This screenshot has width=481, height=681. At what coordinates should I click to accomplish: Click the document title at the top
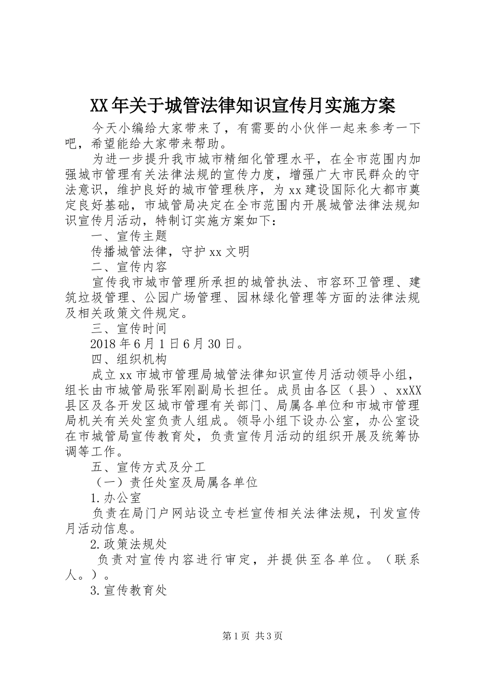(x=242, y=106)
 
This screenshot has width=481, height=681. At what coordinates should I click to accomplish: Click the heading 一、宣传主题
(x=129, y=236)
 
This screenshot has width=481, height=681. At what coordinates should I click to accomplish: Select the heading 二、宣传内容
(x=129, y=266)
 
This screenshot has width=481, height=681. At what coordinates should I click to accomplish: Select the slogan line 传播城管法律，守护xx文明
(x=170, y=251)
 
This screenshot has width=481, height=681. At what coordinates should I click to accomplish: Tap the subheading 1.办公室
(x=115, y=497)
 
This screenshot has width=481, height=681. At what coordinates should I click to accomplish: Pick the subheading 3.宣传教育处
(x=129, y=590)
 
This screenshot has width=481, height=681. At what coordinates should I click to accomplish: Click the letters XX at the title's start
(x=99, y=106)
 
